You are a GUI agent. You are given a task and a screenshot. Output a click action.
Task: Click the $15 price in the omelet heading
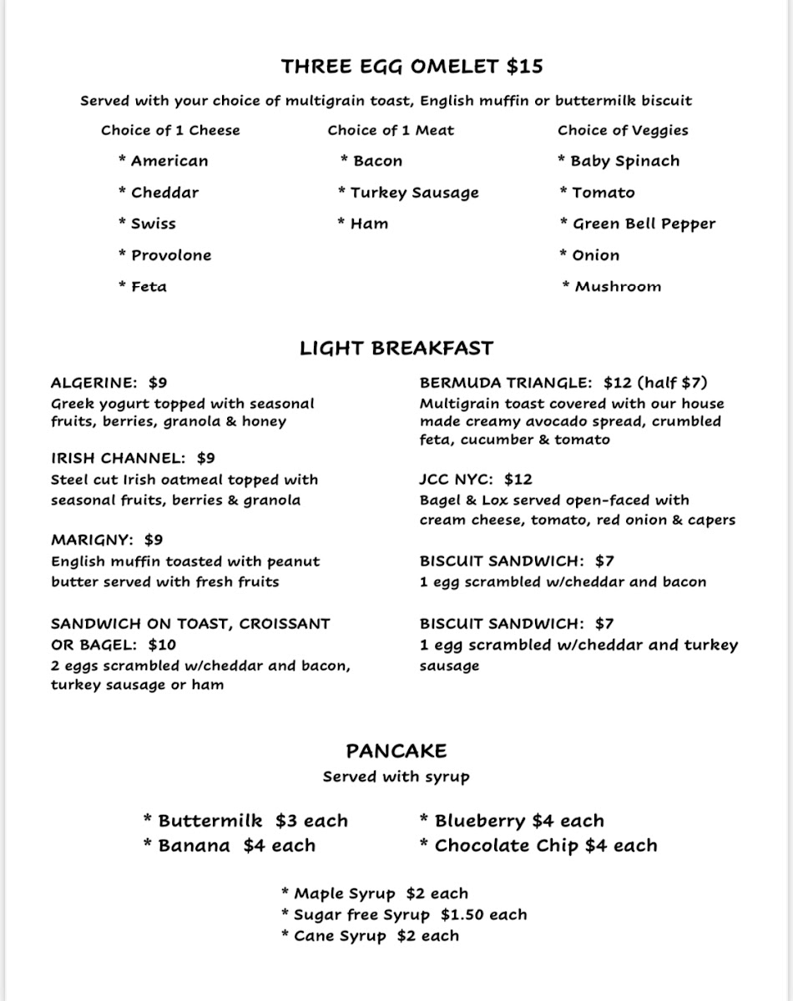coord(524,67)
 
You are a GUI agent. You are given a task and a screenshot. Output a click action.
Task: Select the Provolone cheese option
coord(170,255)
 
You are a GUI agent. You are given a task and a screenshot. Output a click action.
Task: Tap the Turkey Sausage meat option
coord(414,193)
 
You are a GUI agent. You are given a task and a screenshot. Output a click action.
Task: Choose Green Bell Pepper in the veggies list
coord(643,224)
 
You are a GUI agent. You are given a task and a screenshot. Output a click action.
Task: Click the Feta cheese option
coord(149,287)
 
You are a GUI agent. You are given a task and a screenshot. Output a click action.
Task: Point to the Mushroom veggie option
coord(618,287)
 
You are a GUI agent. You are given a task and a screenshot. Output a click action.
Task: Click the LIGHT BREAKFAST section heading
coord(396,348)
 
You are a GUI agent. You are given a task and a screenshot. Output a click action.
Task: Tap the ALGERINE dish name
coord(93,383)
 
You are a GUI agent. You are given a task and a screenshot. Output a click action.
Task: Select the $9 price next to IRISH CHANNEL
coord(206,458)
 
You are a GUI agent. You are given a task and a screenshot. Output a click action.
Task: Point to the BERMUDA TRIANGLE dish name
coord(506,383)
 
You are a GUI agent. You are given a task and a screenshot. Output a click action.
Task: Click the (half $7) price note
coord(672,383)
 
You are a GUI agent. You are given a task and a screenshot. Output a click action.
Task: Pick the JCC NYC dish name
coord(457,480)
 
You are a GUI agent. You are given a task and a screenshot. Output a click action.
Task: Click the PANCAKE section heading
coord(396,751)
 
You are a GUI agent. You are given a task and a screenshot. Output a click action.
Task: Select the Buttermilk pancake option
coord(210,821)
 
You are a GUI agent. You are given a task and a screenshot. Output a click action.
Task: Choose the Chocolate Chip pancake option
coord(507,846)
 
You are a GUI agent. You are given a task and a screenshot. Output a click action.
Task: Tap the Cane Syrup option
coord(340,936)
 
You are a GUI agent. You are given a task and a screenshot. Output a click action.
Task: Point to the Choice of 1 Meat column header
coord(391,130)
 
